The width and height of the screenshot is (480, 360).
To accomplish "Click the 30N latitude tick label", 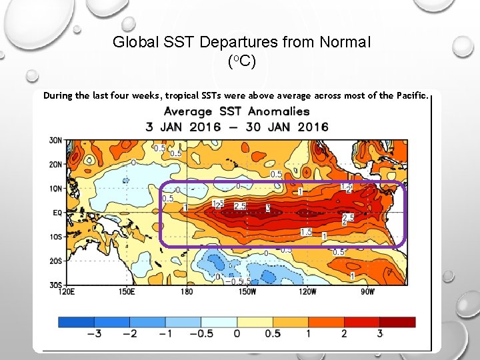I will point(56,140).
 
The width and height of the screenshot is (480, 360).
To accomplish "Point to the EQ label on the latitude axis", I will point(57,212).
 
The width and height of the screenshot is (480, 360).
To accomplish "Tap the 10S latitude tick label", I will point(56,237).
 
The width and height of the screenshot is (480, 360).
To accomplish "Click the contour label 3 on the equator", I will point(268,209).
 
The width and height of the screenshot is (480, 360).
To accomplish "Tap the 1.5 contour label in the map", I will point(306,232).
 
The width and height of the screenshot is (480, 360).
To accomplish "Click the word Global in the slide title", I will point(133,43).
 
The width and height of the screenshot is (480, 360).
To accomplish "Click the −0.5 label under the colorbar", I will point(201,333).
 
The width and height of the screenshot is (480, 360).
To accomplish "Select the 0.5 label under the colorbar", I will point(272,333).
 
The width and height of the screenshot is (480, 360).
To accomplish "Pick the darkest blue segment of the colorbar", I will point(76,321).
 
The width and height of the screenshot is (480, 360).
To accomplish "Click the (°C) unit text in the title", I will point(241,61).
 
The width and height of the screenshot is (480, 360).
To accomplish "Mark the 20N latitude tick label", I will point(56,164).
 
